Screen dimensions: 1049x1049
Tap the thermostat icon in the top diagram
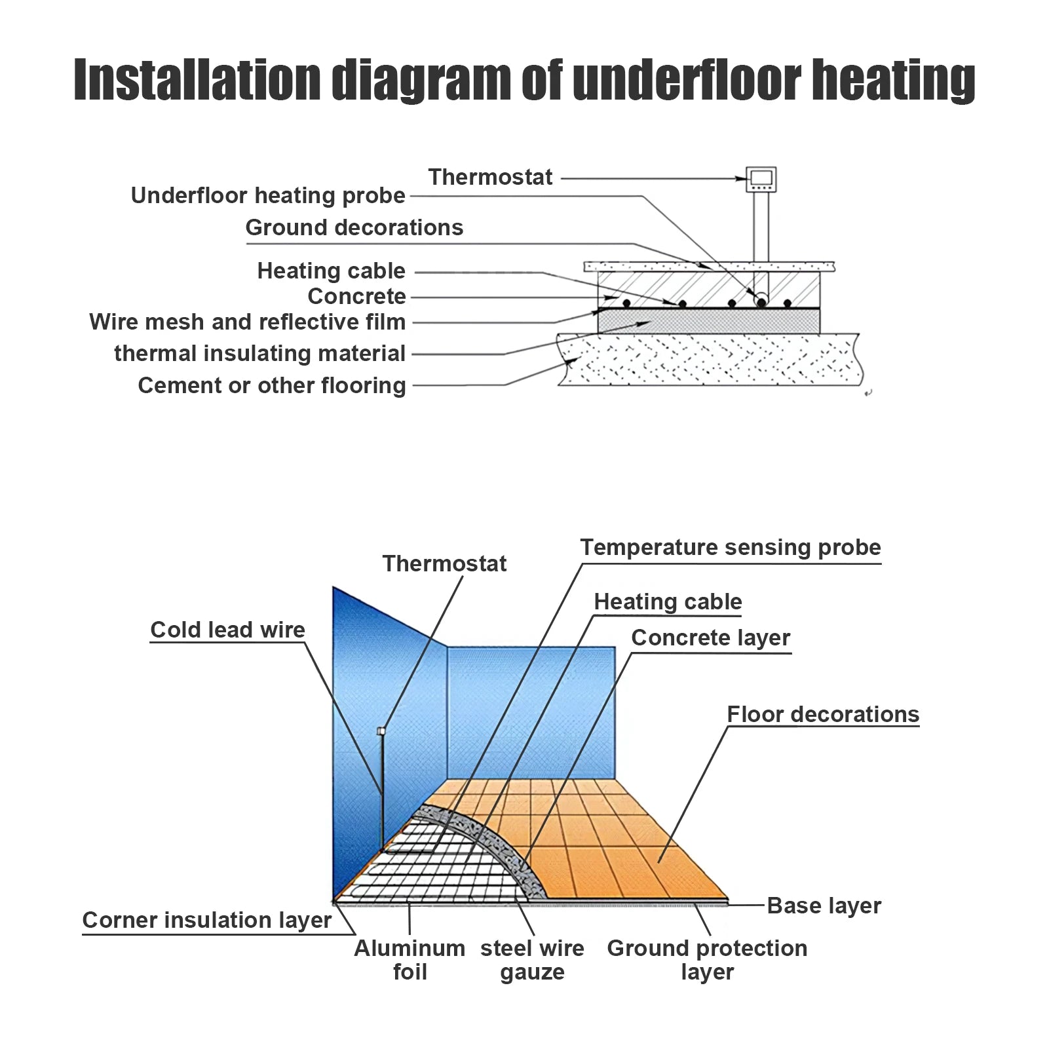761,178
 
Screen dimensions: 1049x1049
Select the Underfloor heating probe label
268,195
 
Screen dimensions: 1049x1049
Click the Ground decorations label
354,227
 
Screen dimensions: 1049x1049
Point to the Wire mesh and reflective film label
247,322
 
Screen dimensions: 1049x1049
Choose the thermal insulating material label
259,353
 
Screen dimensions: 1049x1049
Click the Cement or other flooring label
271,385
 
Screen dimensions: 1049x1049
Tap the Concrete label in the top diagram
356,296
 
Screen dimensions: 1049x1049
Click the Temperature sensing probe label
730,547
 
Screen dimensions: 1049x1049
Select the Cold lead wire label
227,630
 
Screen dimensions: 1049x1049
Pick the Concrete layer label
710,638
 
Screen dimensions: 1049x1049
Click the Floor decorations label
823,714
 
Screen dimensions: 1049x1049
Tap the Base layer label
824,906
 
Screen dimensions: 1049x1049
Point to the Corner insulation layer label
206,920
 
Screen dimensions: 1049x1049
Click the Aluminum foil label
410,960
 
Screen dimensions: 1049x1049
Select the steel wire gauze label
532,960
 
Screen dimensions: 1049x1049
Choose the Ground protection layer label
707,960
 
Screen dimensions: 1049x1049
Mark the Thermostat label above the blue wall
444,563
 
